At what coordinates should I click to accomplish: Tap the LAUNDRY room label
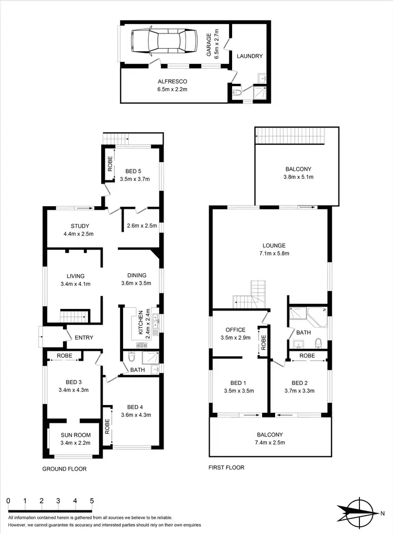pyautogui.click(x=249, y=56)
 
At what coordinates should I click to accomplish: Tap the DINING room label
pyautogui.click(x=137, y=275)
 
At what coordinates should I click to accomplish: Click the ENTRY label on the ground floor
pyautogui.click(x=84, y=338)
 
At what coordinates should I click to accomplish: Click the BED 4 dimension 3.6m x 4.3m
pyautogui.click(x=136, y=415)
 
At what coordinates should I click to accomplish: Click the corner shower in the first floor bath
pyautogui.click(x=317, y=316)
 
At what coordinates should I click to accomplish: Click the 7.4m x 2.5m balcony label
pyautogui.click(x=270, y=442)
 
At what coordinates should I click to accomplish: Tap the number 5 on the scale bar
pyautogui.click(x=92, y=501)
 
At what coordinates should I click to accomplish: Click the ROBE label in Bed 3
pyautogui.click(x=64, y=355)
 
